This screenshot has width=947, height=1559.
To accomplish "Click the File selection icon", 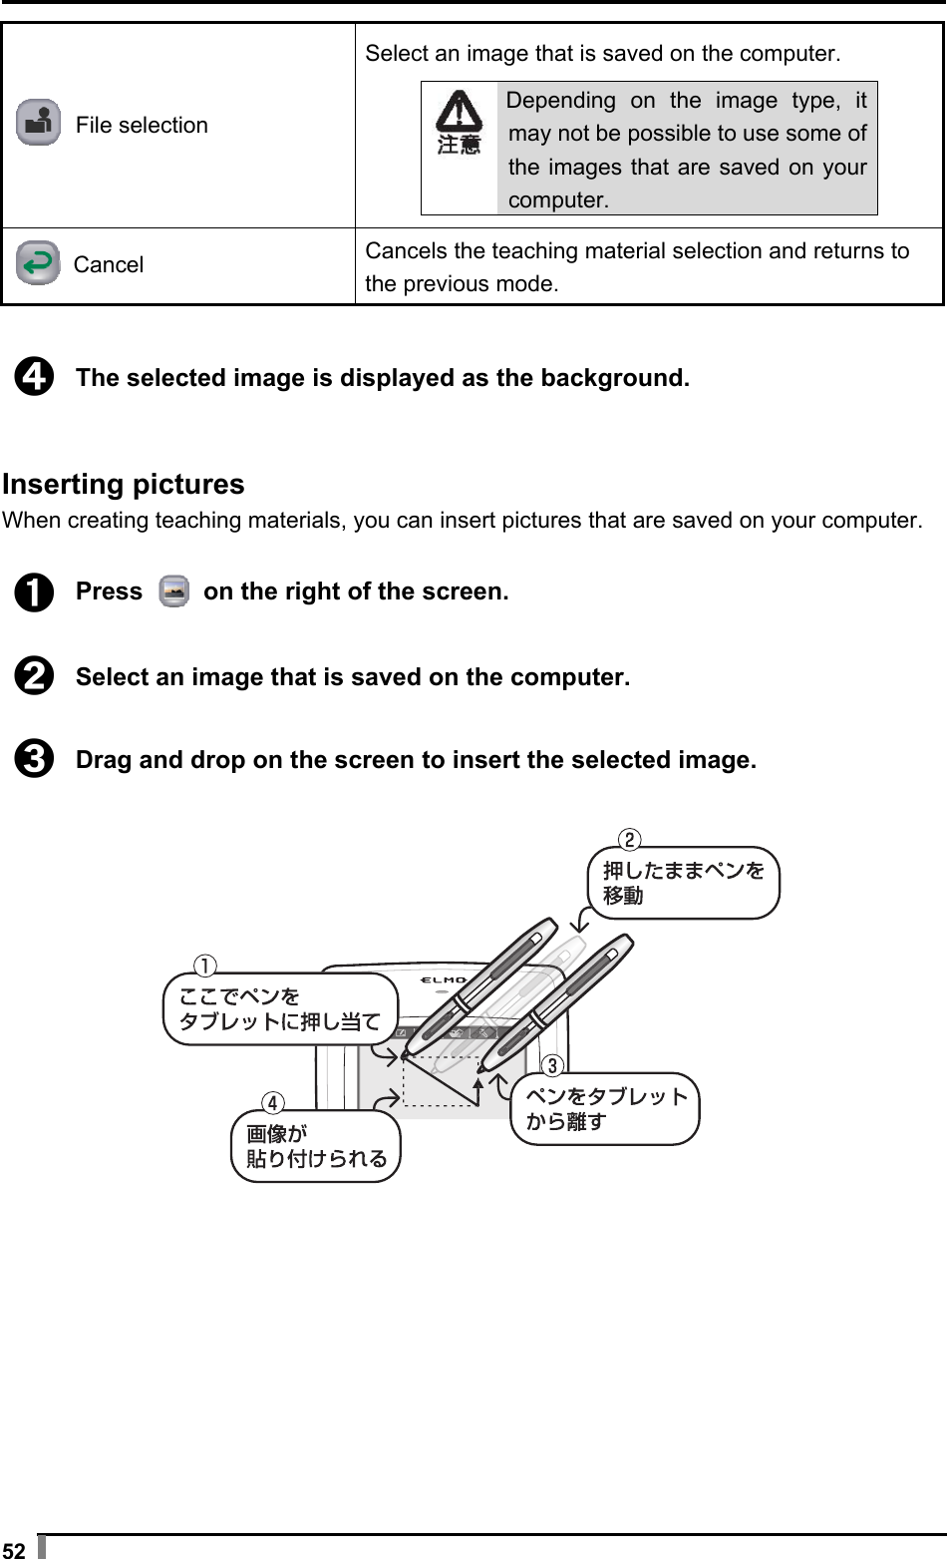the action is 38,124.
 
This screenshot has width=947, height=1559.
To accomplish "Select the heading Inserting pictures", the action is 124,485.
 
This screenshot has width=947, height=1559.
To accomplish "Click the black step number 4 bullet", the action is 33,379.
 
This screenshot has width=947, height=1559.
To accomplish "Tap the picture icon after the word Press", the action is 173,591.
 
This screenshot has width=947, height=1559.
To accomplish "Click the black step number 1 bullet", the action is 33,592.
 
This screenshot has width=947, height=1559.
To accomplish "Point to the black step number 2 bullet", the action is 33,678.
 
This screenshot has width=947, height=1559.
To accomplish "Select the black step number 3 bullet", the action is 33,761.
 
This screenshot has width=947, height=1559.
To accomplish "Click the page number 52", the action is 14,1549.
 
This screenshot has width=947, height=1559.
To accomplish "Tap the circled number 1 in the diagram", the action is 203,966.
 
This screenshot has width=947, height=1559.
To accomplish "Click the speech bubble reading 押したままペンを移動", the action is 684,883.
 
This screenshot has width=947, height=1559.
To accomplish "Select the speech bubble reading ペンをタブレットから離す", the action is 606,1109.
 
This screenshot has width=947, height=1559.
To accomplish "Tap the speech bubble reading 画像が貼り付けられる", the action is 316,1146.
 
